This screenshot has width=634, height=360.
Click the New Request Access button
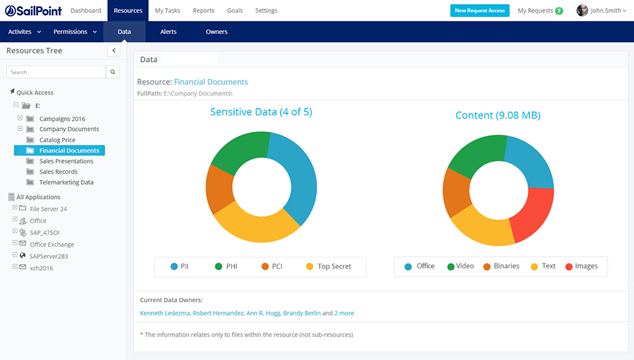pos(480,11)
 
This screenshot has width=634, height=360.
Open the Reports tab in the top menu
pos(203,11)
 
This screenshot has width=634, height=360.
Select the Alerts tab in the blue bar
pos(169,32)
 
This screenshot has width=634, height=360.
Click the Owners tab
pos(217,32)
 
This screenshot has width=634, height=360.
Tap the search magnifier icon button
pos(113,72)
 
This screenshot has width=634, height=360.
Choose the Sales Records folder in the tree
pos(58,172)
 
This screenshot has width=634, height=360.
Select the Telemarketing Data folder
pos(66,182)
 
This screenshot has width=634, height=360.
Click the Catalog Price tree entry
pos(57,140)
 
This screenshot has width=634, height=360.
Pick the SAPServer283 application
pos(49,256)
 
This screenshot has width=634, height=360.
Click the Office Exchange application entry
pos(52,245)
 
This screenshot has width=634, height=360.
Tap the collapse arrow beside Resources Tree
pos(113,51)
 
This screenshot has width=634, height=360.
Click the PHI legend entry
pos(226,266)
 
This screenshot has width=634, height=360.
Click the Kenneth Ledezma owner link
pos(165,313)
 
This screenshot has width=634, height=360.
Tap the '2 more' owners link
pos(344,313)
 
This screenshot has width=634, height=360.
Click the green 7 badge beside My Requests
pos(558,11)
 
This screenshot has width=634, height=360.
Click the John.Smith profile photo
pos(582,11)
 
